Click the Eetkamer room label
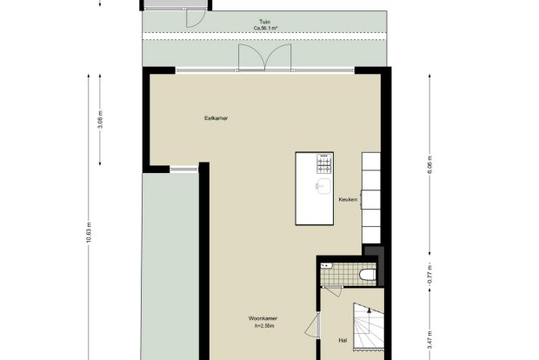point(216,118)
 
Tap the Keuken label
point(348,199)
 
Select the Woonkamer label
point(263,318)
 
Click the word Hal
point(343,340)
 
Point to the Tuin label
point(264,22)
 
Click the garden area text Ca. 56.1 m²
point(265,28)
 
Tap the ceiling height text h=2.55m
point(264,326)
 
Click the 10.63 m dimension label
point(89,233)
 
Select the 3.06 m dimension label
point(100,120)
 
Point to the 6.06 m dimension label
point(430,164)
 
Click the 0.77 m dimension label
point(430,275)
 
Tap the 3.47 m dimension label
point(430,340)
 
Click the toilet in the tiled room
point(367,275)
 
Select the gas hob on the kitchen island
point(325,163)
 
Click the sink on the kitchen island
point(323,186)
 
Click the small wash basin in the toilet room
point(326,266)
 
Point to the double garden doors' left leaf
point(251,57)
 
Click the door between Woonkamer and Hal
point(312,325)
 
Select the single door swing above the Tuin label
point(196,19)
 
